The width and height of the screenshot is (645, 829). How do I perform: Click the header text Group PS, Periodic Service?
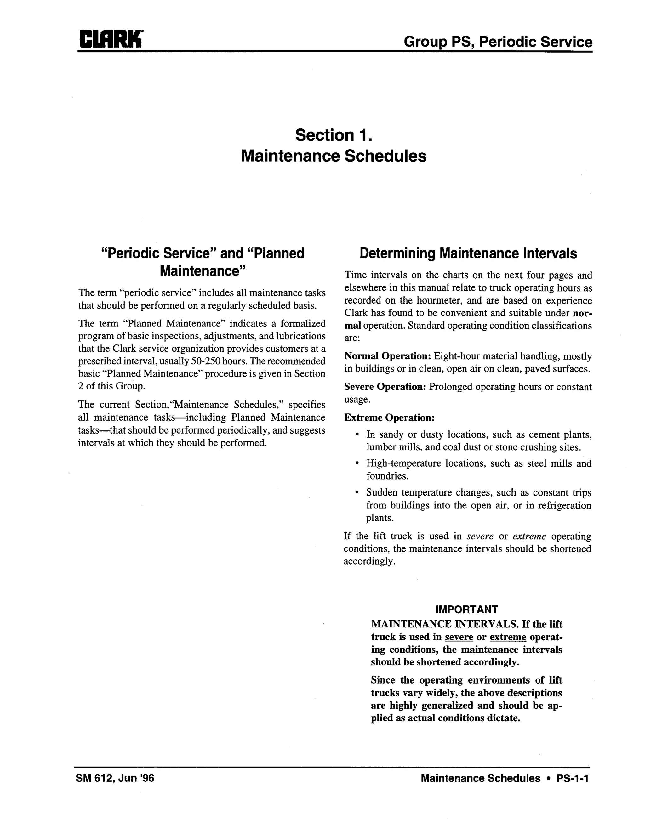click(498, 41)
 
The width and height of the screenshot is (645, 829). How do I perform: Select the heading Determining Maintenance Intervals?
click(468, 253)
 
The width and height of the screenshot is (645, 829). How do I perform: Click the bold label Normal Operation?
click(387, 356)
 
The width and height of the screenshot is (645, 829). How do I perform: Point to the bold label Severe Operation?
click(385, 387)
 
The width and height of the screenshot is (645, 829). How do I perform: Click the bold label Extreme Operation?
click(389, 417)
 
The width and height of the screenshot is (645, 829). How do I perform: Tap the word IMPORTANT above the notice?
click(466, 610)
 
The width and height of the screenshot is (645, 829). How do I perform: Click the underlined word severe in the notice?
click(459, 637)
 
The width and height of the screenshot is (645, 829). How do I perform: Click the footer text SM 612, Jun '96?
click(115, 778)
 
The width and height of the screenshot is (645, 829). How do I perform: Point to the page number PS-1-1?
click(572, 778)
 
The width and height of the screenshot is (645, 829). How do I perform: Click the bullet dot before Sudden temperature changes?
click(357, 493)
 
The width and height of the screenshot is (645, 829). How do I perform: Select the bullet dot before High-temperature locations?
click(357, 463)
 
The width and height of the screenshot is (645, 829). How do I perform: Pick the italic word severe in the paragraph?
click(480, 536)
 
